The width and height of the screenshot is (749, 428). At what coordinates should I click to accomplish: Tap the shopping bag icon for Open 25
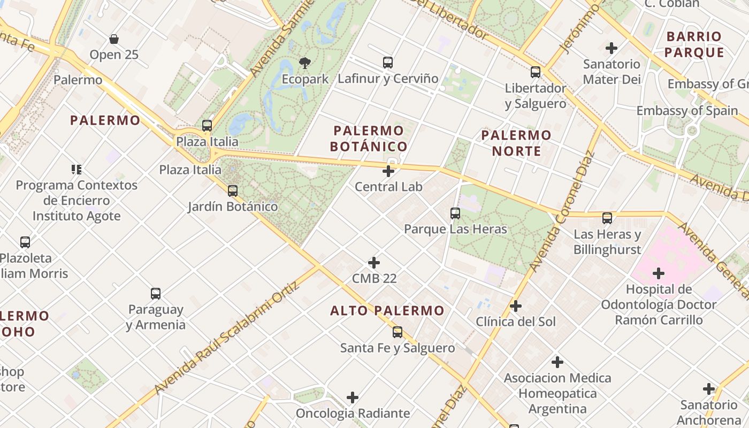click(x=114, y=39)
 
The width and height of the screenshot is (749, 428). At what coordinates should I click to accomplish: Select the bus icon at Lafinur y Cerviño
click(x=388, y=63)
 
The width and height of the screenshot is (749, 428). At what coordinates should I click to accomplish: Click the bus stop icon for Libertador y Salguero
click(x=536, y=72)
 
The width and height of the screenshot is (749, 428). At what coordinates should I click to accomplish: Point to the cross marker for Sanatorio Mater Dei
click(x=612, y=48)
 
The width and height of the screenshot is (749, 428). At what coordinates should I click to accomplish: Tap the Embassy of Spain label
click(x=687, y=111)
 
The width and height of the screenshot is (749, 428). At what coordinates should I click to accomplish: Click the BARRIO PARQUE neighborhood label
click(x=694, y=44)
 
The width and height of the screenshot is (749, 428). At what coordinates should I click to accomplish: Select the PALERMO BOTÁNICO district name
click(x=369, y=139)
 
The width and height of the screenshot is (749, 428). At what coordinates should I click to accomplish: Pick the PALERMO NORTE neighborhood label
click(x=516, y=143)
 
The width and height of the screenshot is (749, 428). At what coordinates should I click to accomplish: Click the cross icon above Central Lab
click(x=388, y=171)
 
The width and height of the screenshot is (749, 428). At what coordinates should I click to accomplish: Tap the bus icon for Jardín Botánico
click(x=233, y=191)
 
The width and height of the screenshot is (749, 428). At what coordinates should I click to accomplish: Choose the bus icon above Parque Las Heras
click(x=455, y=213)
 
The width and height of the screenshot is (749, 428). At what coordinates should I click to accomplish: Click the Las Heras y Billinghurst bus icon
click(x=607, y=218)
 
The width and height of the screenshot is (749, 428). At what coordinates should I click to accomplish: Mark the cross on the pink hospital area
click(x=659, y=274)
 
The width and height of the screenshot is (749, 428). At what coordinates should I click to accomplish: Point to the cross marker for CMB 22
click(x=374, y=263)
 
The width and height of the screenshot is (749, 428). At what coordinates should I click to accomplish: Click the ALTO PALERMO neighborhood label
click(x=387, y=311)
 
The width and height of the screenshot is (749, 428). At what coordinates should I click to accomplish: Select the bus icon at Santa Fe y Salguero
click(x=398, y=332)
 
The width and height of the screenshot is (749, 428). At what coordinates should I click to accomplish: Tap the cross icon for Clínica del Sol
click(x=516, y=306)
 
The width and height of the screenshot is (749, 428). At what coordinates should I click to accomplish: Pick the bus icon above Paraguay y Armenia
click(x=156, y=294)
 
